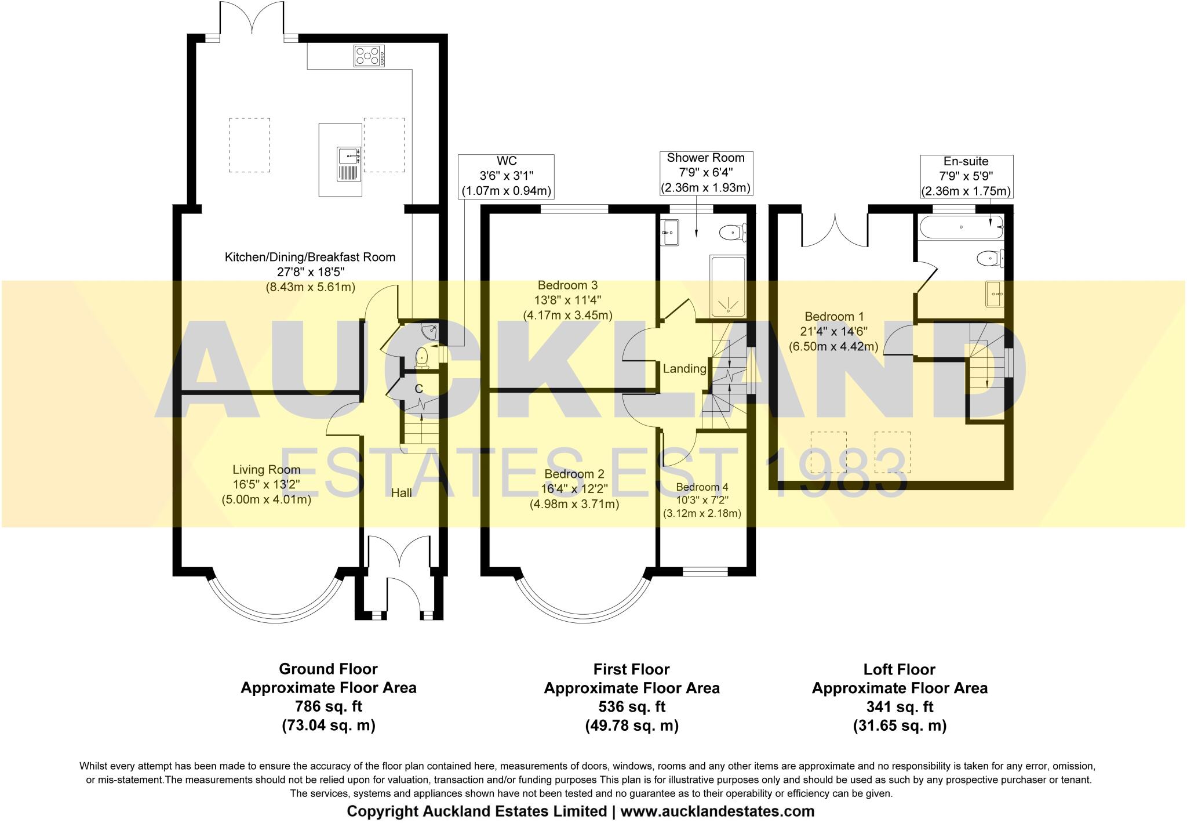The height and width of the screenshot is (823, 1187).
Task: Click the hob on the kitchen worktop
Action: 369,56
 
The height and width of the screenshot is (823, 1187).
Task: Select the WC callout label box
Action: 506,176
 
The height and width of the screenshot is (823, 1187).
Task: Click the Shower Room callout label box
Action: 705,173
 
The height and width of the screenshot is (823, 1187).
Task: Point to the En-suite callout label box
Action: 966,176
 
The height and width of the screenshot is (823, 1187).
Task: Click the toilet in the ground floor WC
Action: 422,357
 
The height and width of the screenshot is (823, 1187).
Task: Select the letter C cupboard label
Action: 418,389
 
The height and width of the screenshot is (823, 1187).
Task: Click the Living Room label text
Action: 266,470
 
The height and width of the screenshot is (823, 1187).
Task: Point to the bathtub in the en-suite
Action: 961,227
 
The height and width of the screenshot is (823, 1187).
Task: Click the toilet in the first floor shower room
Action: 732,233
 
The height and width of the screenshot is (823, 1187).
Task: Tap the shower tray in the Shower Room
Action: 727,287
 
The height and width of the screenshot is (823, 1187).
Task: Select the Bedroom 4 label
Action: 701,487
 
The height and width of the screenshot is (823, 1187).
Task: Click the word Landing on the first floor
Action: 684,368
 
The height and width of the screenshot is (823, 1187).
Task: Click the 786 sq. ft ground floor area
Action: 328,706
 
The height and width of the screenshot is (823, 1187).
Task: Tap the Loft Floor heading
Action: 899,669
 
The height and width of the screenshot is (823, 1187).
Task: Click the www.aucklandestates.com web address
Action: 717,811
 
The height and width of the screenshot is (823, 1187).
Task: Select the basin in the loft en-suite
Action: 994,294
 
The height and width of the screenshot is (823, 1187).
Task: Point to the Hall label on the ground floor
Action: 401,492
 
